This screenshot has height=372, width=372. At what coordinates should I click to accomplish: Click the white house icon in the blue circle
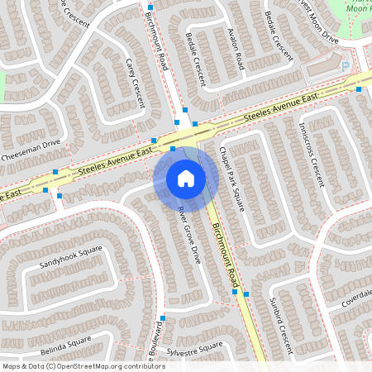click(186, 179)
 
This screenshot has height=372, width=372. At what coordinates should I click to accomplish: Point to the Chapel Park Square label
click(232, 175)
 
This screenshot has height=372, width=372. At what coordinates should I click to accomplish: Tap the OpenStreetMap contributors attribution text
click(83, 365)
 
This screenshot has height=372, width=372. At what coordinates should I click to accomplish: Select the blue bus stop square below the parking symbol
click(359, 88)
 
